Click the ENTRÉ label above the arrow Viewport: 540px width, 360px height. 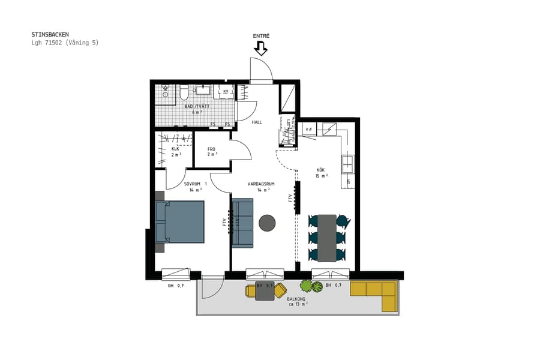click(x=261, y=36)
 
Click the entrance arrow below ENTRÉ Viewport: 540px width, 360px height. click(x=261, y=49)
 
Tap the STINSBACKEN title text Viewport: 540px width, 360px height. click(x=50, y=35)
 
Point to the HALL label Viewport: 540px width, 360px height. click(x=257, y=122)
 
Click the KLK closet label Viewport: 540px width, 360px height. click(x=175, y=149)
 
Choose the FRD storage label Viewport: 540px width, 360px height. click(x=212, y=149)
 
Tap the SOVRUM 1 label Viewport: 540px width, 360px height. click(x=195, y=184)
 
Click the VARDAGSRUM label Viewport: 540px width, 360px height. click(x=260, y=184)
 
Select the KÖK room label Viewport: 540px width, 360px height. click(x=321, y=170)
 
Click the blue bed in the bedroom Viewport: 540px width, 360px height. click(x=180, y=221)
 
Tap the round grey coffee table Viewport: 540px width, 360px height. click(x=267, y=223)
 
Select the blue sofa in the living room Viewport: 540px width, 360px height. click(x=242, y=223)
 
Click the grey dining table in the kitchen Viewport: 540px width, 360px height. click(x=327, y=238)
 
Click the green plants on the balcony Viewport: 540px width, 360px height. click(x=311, y=286)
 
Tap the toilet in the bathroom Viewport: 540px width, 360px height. click(x=184, y=92)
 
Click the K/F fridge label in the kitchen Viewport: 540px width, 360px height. click(x=309, y=129)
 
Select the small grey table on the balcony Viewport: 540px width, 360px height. click(x=265, y=290)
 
